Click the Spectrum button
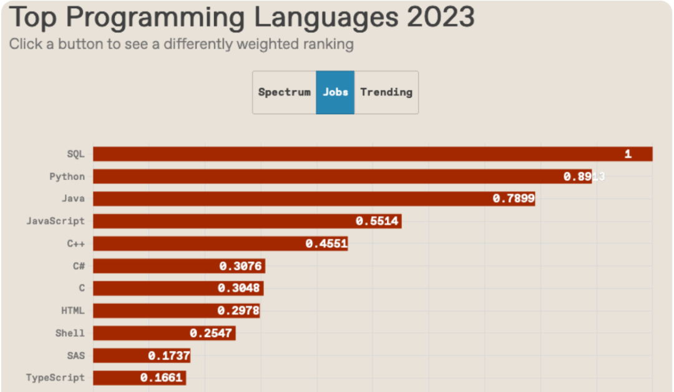[284, 92]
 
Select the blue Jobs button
[335, 92]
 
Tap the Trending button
[386, 92]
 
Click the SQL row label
[76, 154]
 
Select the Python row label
[67, 177]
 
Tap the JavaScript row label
[55, 221]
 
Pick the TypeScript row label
[55, 378]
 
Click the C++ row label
[76, 243]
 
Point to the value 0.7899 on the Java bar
[514, 198]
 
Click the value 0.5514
[377, 221]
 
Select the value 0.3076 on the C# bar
[240, 266]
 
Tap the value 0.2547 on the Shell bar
[211, 333]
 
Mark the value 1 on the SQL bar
[628, 154]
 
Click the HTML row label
[72, 311]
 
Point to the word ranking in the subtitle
[329, 44]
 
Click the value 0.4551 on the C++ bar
[326, 243]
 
